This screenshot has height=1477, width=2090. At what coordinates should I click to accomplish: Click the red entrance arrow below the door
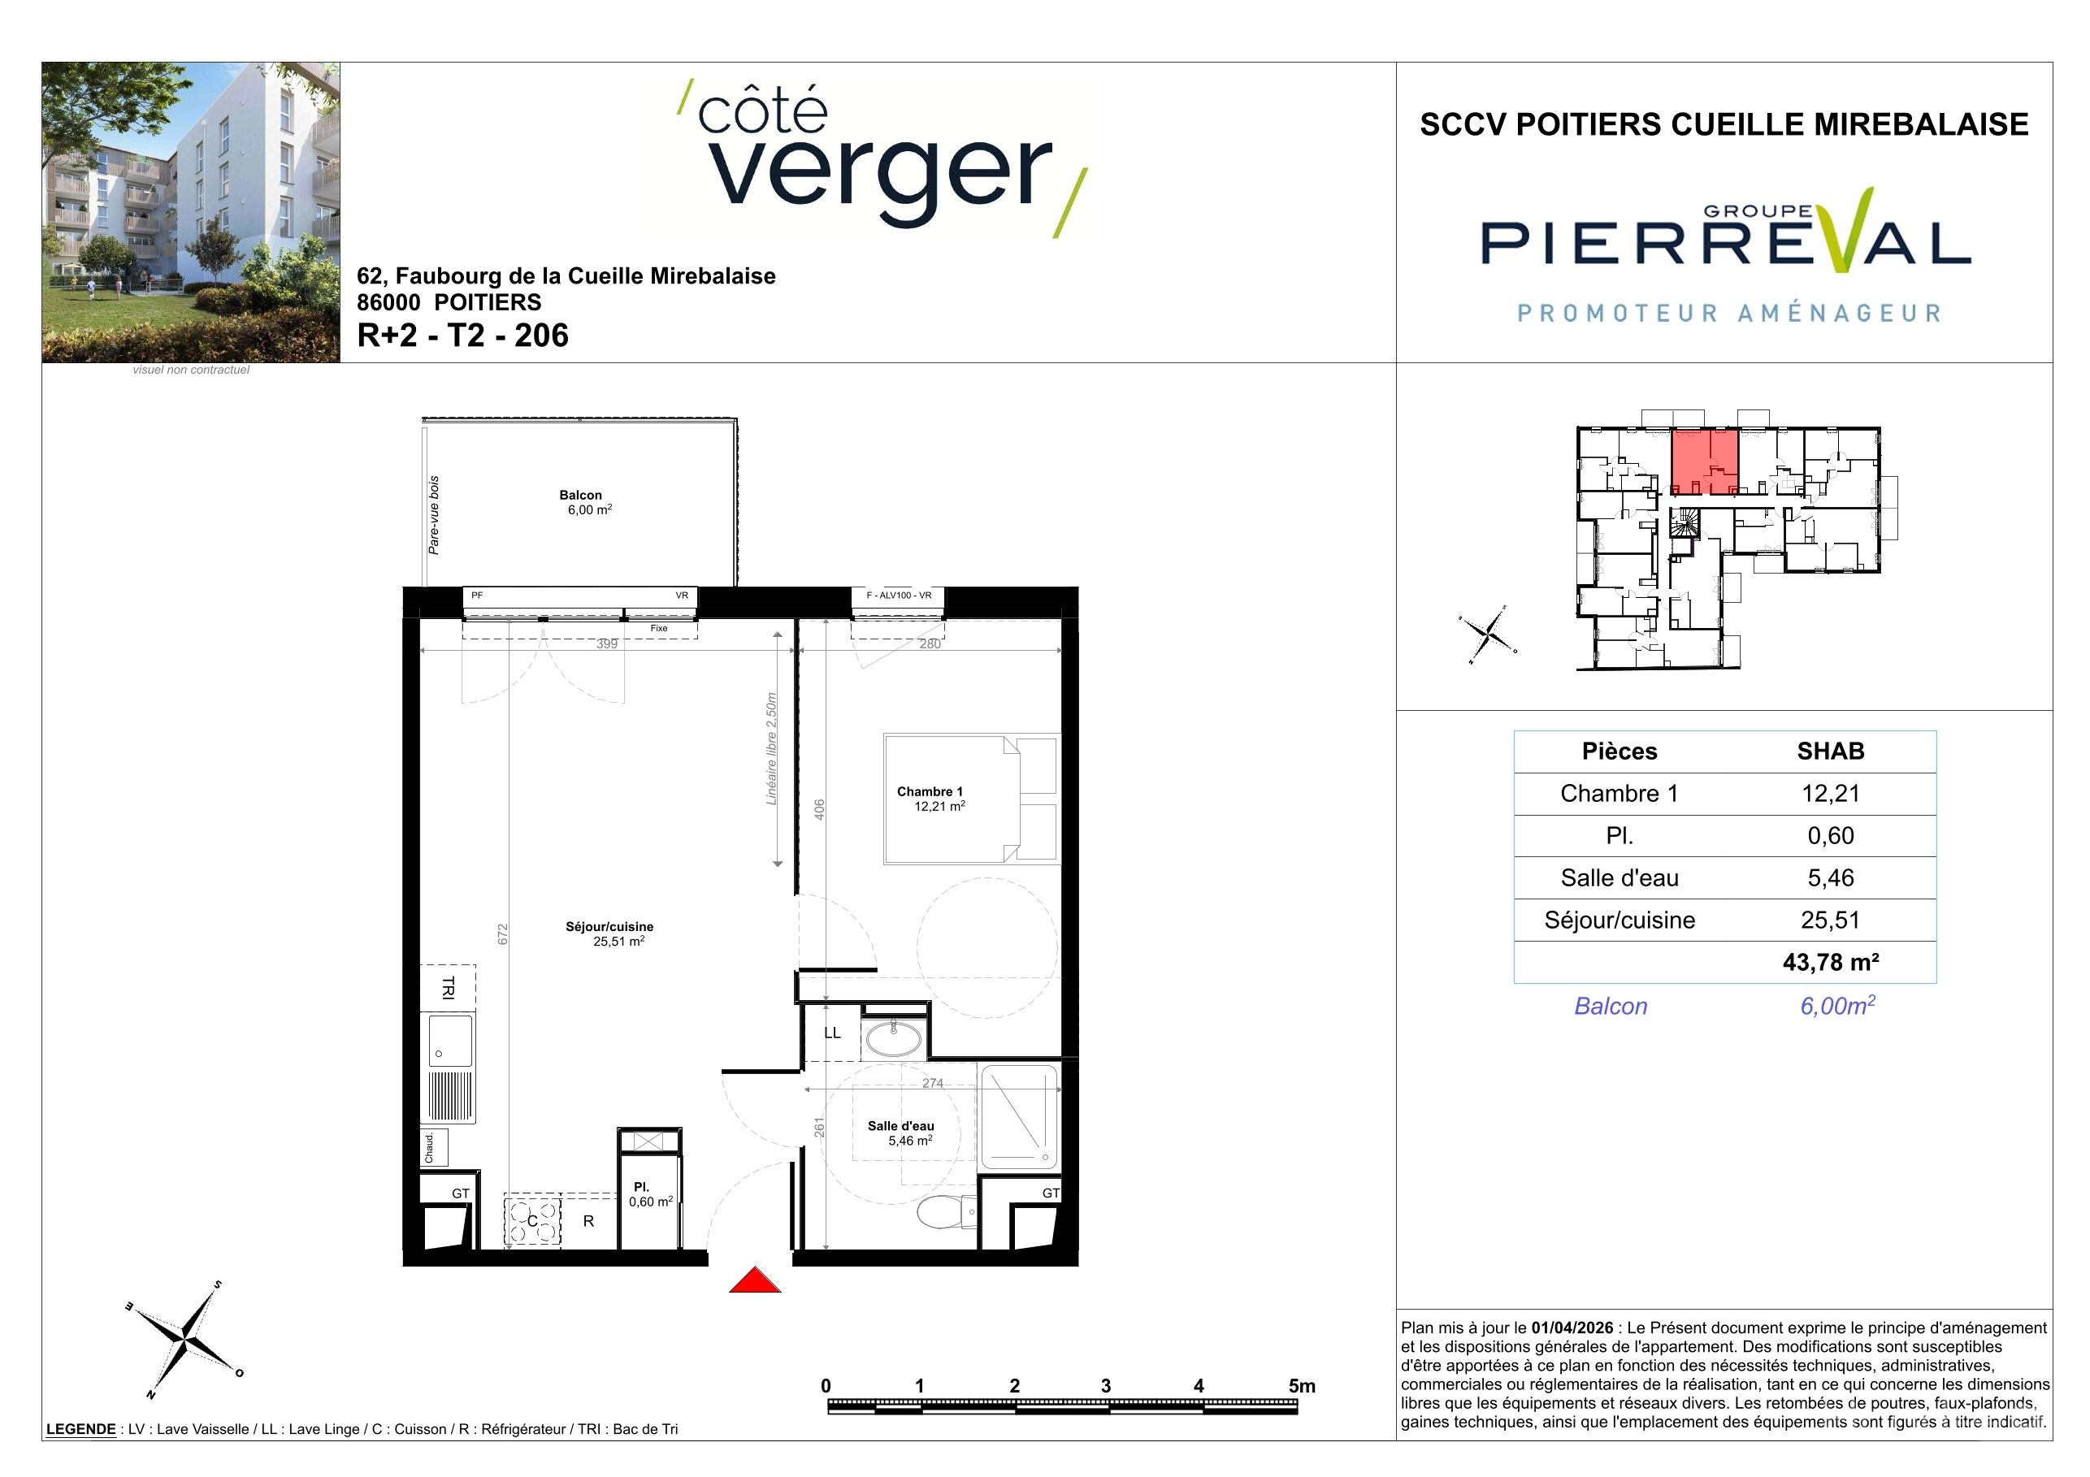click(755, 1280)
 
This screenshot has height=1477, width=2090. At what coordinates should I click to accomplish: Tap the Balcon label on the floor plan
click(581, 495)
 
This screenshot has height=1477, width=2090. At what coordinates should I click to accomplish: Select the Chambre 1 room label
click(930, 792)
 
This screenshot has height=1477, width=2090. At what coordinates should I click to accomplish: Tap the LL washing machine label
click(832, 1033)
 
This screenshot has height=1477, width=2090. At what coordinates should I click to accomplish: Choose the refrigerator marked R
click(588, 1221)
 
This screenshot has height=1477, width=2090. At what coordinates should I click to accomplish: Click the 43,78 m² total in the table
click(1831, 962)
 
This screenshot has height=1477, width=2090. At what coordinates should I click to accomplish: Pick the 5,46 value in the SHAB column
click(1831, 877)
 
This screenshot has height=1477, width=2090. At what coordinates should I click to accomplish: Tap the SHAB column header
click(1831, 751)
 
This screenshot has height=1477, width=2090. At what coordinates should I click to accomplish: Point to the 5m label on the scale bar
click(1302, 1386)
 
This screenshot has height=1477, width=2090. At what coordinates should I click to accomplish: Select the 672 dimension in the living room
click(502, 934)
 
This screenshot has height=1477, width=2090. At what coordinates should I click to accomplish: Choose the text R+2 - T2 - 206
click(462, 335)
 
